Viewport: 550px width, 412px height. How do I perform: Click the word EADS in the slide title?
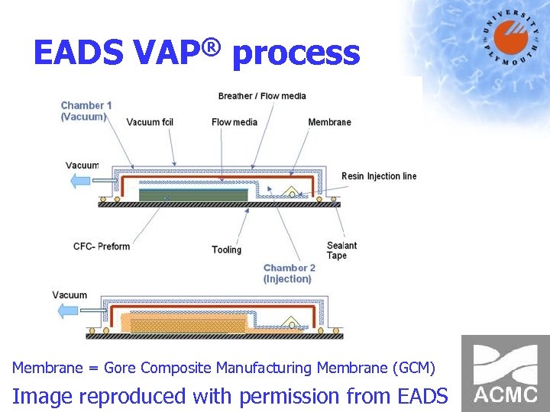click(77, 53)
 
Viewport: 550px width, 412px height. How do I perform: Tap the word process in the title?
click(296, 55)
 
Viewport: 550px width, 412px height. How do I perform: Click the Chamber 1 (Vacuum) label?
click(86, 111)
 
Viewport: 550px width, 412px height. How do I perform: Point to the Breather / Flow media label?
click(262, 96)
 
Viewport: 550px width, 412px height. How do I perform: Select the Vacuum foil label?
click(154, 122)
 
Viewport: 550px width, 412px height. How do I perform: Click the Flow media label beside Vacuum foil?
click(235, 122)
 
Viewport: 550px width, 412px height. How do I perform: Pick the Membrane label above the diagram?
click(329, 122)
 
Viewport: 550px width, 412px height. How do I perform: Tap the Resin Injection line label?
click(379, 176)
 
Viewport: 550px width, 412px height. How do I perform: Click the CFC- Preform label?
click(102, 246)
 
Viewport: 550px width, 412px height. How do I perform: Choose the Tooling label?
click(226, 249)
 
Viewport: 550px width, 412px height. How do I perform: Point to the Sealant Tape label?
click(341, 250)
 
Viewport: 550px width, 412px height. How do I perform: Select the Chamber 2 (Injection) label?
click(289, 273)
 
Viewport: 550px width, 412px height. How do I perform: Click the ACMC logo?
click(505, 373)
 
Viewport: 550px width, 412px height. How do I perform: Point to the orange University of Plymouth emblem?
click(509, 36)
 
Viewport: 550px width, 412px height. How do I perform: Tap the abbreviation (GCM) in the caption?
click(413, 369)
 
